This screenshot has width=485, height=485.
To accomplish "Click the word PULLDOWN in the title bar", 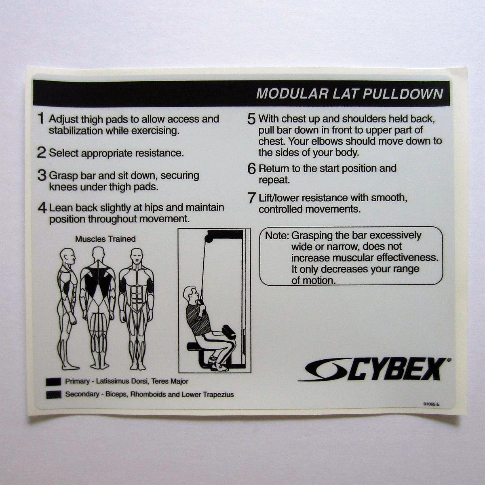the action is (403, 94).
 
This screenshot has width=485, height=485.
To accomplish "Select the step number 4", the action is (42, 208).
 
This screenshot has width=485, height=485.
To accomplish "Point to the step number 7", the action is (252, 198).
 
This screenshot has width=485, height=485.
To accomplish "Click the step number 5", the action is (251, 119).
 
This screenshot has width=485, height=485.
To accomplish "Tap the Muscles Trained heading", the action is (105, 238).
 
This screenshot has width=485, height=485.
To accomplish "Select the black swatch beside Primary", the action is (54, 382).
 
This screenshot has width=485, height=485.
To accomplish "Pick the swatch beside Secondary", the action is (54, 394).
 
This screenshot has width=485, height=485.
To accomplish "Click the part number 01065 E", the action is (431, 404).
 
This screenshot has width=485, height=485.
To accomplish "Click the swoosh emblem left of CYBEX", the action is (325, 371).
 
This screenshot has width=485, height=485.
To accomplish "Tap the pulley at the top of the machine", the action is (208, 238).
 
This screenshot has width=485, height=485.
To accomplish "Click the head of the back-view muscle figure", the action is (98, 255).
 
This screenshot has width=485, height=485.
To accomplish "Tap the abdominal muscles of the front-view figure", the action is (136, 296).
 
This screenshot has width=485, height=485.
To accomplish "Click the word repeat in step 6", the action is (274, 180).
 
